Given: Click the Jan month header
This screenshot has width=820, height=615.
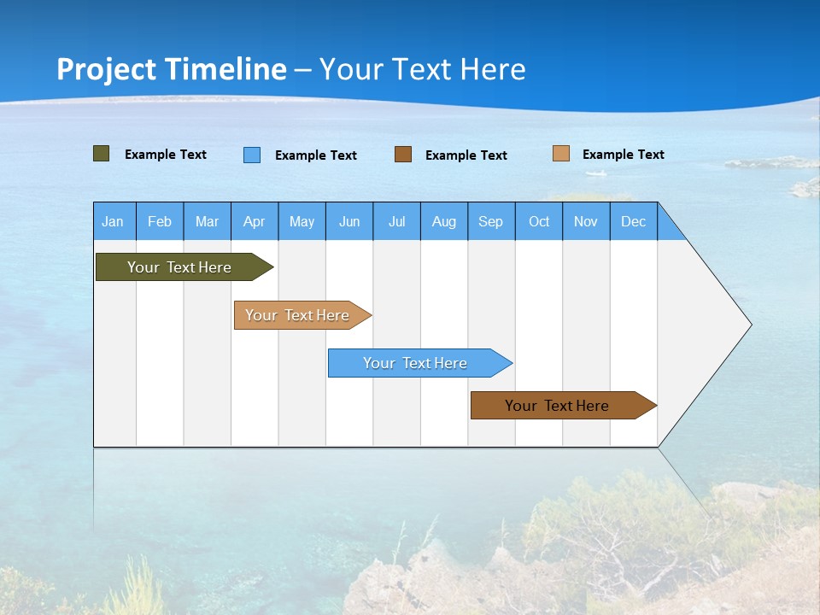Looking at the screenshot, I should [113, 221].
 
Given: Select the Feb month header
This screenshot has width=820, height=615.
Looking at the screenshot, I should [160, 221].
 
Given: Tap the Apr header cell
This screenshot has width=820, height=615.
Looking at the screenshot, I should [254, 221].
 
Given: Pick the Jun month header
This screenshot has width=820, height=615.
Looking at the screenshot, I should [348, 221].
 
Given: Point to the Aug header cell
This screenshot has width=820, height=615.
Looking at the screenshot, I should [443, 221].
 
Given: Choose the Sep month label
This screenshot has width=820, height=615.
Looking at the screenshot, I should [490, 221].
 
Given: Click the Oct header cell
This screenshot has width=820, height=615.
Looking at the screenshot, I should [538, 221].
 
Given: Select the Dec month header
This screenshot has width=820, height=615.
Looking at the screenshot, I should [633, 221].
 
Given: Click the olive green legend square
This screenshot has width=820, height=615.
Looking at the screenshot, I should [101, 154].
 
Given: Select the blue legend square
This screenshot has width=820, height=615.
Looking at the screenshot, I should [252, 155].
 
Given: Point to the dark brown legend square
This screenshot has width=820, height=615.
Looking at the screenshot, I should [403, 155].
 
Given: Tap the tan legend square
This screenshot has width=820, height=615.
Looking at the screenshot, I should [561, 154].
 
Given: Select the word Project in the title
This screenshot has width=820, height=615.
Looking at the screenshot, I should [106, 69].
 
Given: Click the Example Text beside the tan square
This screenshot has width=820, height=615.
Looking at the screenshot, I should [623, 155].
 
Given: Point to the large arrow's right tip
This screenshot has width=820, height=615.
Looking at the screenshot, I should [750, 325].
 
